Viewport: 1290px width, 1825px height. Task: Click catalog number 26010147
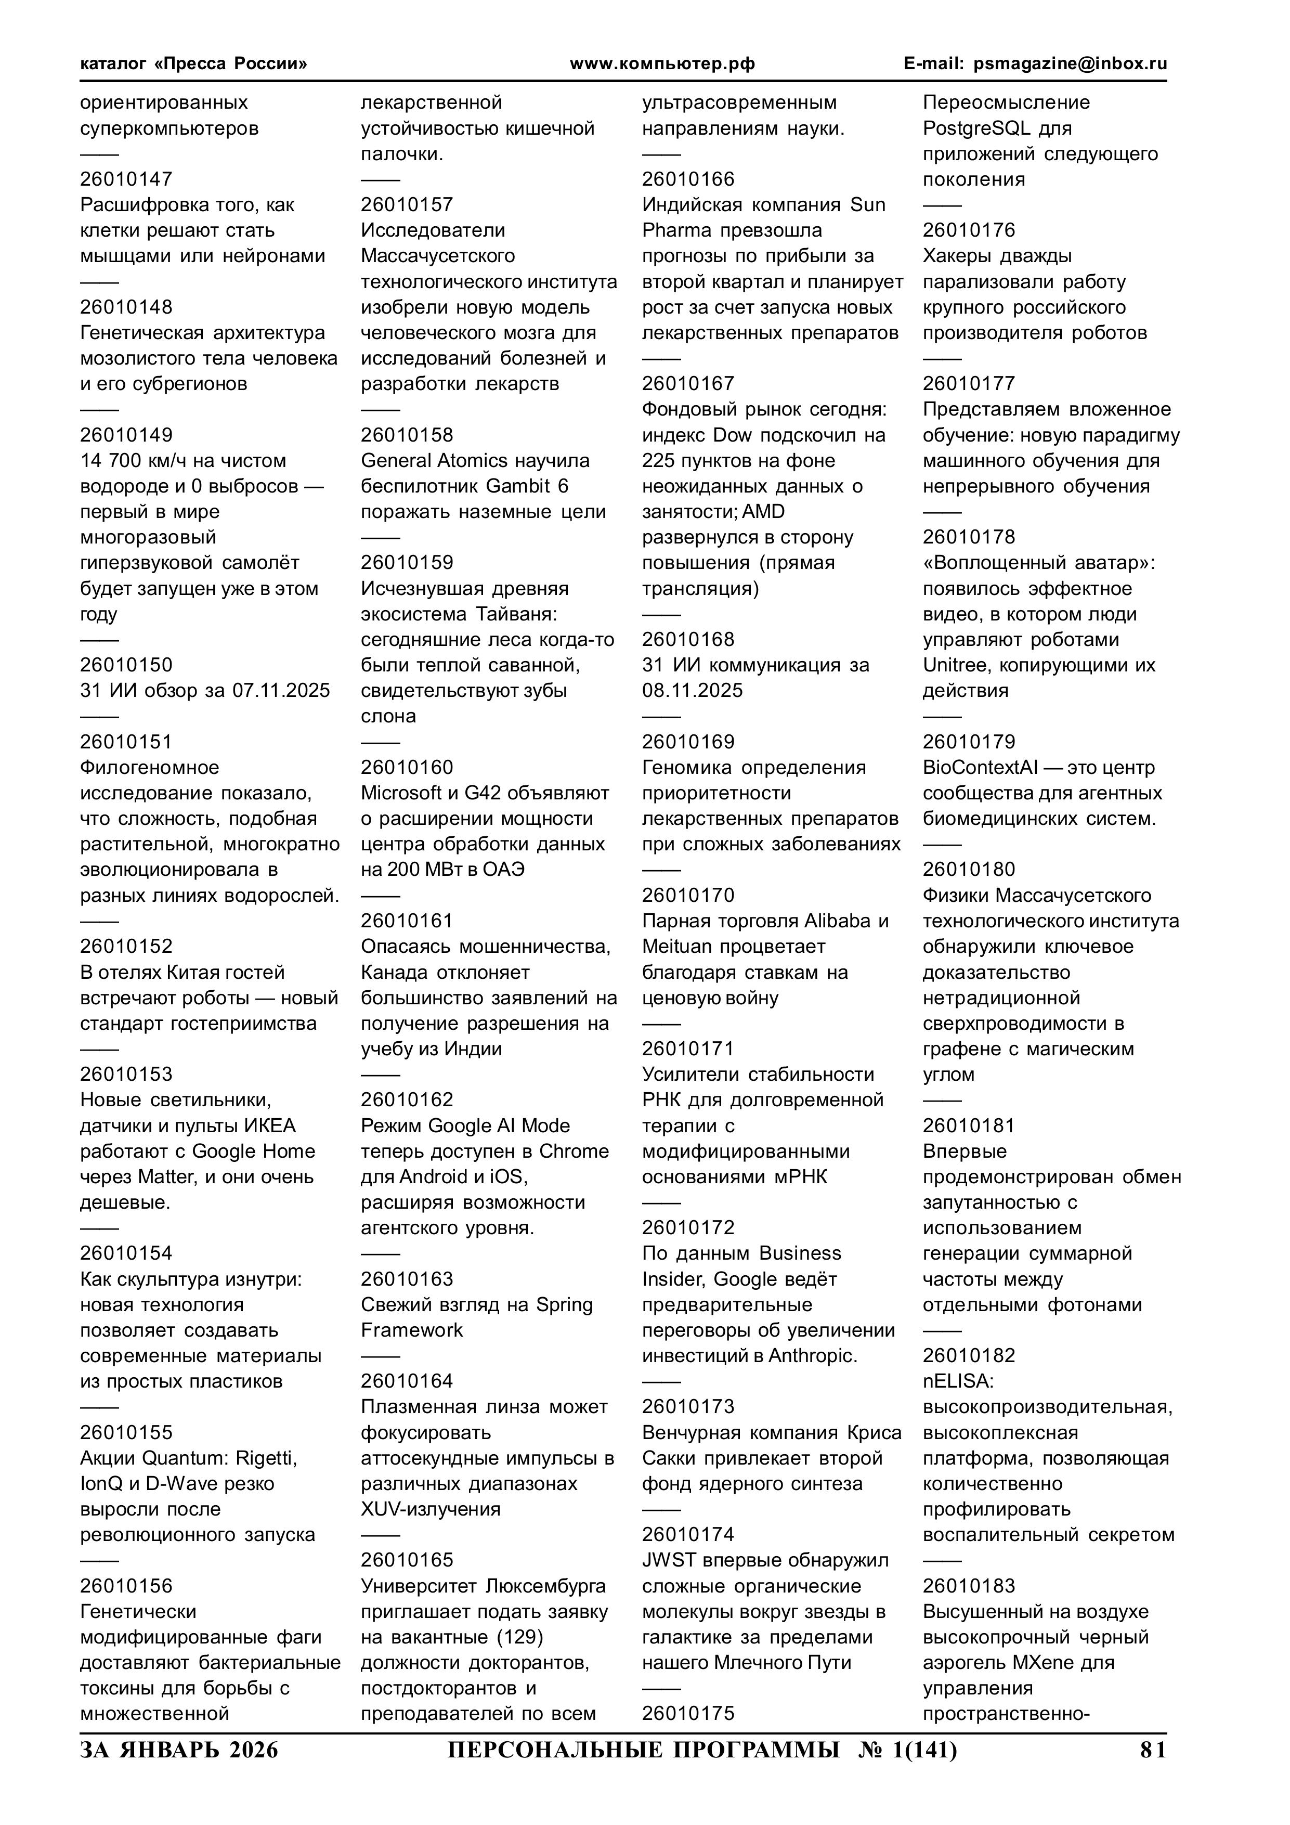click(x=126, y=179)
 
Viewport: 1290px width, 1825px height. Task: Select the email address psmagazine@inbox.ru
click(x=1070, y=63)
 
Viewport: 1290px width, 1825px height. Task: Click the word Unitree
click(x=954, y=665)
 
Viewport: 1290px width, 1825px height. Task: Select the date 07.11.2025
click(x=281, y=691)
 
